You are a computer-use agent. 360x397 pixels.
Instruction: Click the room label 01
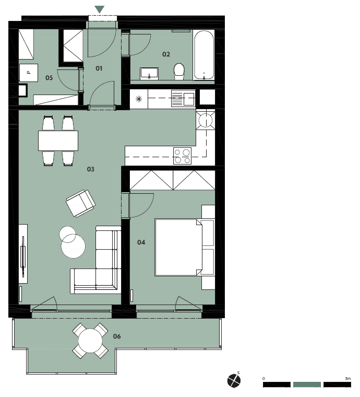click(99, 68)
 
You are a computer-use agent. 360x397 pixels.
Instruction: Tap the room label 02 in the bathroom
click(166, 54)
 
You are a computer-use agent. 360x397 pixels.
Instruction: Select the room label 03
click(90, 169)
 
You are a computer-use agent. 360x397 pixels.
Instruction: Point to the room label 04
click(141, 242)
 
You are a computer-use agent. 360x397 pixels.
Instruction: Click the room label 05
click(49, 78)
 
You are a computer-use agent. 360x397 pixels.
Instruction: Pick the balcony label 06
click(117, 336)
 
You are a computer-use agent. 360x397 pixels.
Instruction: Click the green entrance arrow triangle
click(99, 9)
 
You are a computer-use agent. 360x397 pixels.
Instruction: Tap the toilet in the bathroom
click(179, 71)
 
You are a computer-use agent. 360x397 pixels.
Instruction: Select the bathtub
click(204, 55)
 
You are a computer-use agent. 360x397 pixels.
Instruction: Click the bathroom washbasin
click(149, 74)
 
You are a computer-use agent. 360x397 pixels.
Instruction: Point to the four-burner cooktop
click(182, 156)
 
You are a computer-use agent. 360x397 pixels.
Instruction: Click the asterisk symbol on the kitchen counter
click(139, 99)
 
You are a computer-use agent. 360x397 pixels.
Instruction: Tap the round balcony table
click(90, 341)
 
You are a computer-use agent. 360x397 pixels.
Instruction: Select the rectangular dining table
click(58, 141)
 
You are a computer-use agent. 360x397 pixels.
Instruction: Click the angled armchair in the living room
click(81, 203)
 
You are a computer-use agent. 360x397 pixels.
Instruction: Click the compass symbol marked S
click(234, 380)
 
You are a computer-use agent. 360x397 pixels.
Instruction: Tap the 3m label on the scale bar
click(348, 379)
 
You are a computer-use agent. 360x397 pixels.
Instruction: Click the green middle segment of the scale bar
click(307, 384)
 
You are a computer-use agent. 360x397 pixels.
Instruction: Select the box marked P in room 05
click(29, 73)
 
